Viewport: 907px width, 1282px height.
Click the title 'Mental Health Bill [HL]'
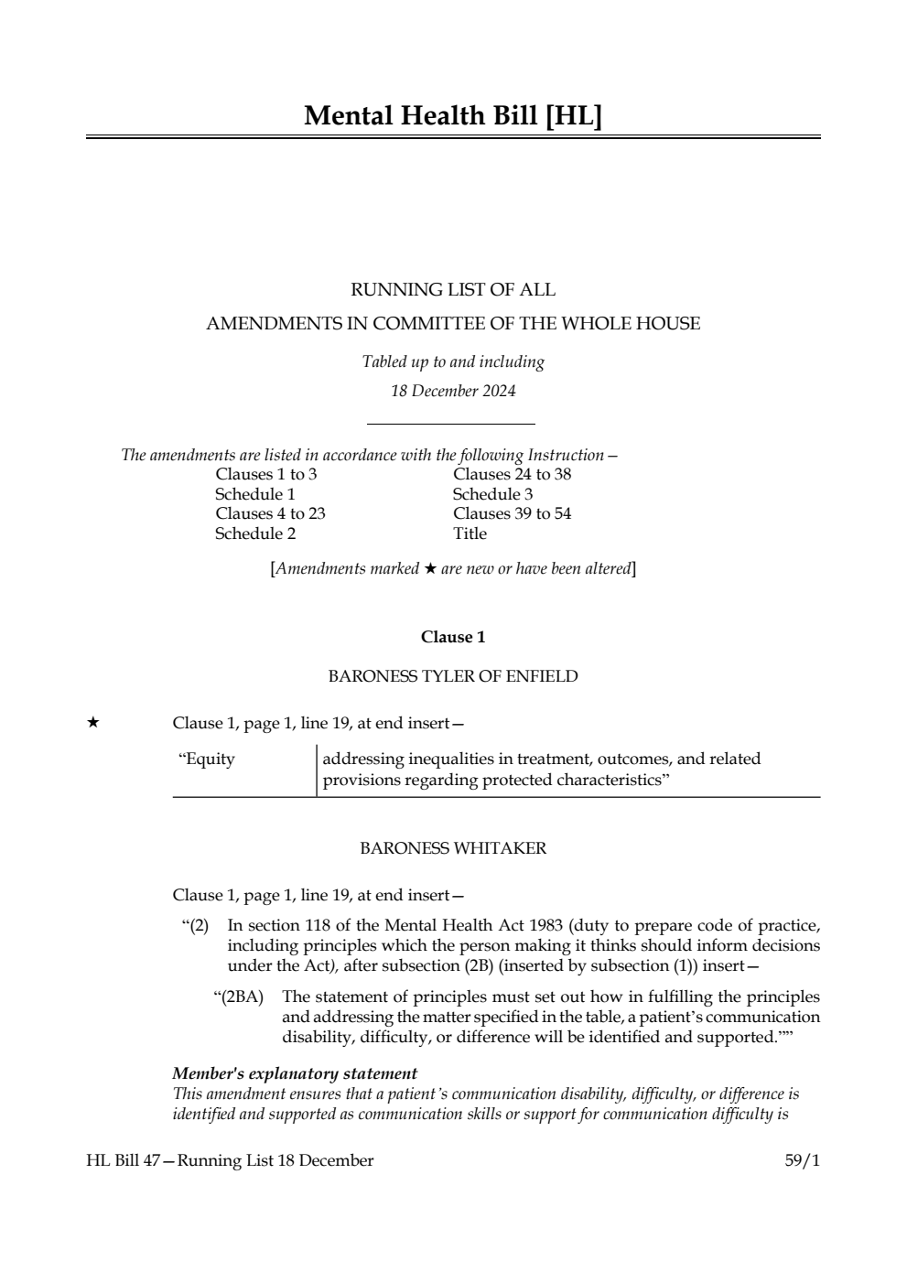453,116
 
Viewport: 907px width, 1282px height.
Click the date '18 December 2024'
453,391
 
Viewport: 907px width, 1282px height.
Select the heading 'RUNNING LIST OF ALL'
453,290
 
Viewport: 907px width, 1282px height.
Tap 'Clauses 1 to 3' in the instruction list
266,474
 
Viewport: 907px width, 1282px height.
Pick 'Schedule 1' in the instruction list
254,494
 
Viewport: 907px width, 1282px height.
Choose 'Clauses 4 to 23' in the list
270,513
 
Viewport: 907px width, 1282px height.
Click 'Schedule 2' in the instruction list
255,533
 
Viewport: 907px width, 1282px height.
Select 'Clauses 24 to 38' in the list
512,474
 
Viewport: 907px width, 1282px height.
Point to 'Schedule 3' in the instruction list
492,494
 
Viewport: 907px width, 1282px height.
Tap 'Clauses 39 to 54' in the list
512,513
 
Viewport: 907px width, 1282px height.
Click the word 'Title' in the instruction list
470,533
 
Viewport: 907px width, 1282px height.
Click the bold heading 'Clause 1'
453,637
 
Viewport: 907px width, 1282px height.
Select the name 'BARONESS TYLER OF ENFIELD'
453,676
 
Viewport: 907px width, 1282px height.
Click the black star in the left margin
92,723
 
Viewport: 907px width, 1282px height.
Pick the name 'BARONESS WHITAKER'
453,848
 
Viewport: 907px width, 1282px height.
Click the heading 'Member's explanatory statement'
295,1073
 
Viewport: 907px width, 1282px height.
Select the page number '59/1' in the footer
802,1160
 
